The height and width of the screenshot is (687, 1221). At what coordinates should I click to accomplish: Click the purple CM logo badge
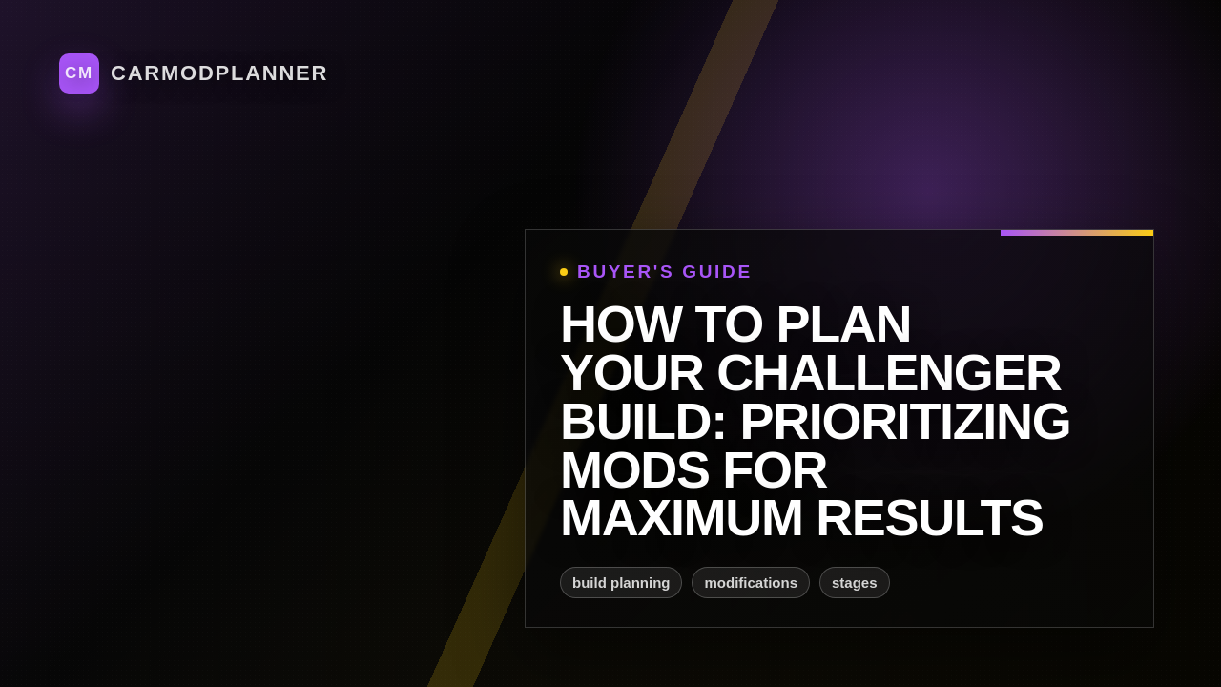point(79,73)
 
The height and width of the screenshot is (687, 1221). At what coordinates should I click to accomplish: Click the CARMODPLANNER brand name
point(218,73)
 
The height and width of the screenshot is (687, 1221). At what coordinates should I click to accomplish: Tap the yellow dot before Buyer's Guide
point(564,272)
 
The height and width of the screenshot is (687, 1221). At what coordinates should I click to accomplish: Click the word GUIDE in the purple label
point(716,272)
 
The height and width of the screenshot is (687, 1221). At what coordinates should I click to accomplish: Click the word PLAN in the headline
point(843,324)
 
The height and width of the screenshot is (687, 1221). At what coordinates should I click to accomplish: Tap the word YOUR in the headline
point(631,373)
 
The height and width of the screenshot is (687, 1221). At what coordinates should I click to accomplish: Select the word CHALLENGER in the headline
point(888,373)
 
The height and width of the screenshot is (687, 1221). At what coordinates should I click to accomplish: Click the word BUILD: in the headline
point(643,422)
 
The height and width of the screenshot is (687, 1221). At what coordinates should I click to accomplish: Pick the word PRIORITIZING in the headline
point(904,422)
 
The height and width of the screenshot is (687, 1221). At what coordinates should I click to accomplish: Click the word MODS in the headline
point(634,470)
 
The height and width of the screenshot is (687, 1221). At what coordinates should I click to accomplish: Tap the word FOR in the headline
point(775,470)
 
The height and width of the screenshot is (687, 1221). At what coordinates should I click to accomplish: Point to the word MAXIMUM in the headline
point(681,518)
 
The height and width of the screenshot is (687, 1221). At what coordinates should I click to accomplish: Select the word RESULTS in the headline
point(929,518)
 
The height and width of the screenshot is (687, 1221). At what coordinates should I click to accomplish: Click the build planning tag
point(621,583)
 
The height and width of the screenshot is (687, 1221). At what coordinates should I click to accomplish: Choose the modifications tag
point(751,583)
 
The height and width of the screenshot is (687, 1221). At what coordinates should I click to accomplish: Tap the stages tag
point(855,583)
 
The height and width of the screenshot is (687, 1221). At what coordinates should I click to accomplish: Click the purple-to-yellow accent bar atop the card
point(1077,233)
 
